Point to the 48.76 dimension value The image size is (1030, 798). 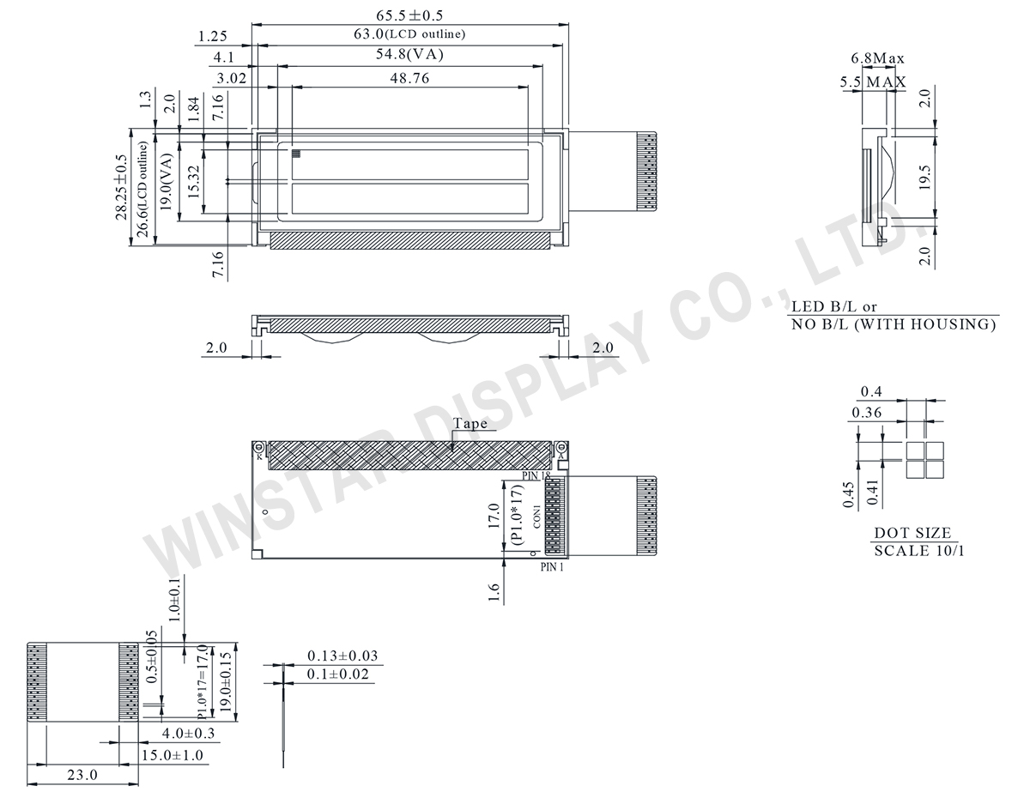[409, 78]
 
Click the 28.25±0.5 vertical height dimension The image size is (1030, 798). [121, 187]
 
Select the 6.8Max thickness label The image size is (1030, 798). [877, 58]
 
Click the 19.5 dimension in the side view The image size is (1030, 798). [924, 176]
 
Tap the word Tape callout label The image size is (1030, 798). [470, 423]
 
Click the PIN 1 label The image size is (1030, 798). [552, 568]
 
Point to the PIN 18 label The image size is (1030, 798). [536, 475]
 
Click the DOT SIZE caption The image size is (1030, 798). [912, 533]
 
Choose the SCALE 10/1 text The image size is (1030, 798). [918, 551]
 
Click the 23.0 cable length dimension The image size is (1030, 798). [82, 774]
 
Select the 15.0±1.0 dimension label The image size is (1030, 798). [173, 755]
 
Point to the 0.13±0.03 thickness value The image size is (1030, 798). [342, 656]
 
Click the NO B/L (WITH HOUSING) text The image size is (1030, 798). [894, 324]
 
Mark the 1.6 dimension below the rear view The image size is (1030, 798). [494, 592]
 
